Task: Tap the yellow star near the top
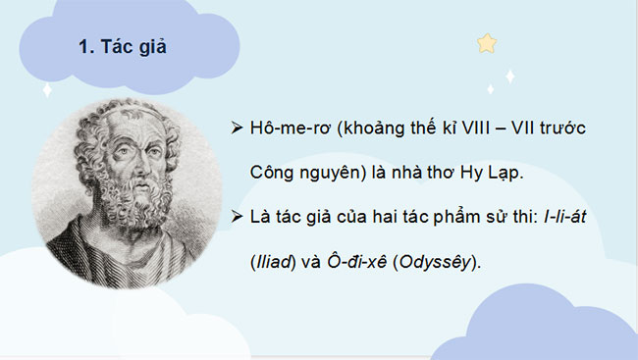click(486, 43)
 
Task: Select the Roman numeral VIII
click(487, 130)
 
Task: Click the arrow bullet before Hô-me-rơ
click(235, 130)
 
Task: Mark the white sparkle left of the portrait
click(46, 90)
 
